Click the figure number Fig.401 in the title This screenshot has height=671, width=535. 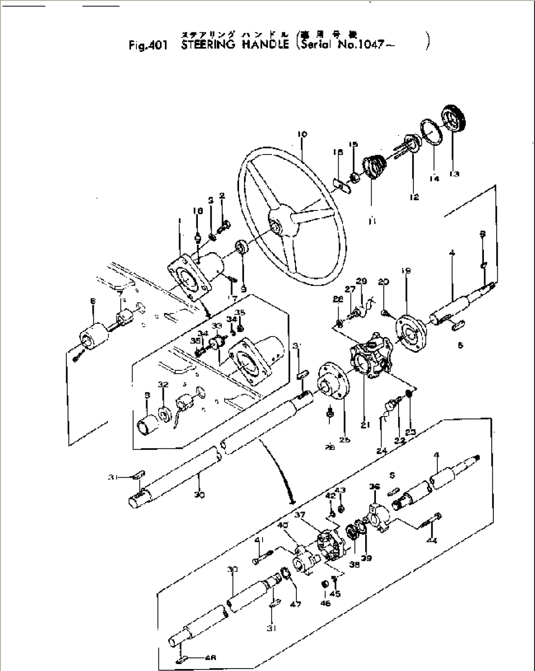(x=148, y=46)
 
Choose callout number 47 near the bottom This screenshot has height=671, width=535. (x=295, y=604)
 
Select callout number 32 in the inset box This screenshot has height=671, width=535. (x=163, y=385)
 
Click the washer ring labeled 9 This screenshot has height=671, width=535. (x=242, y=247)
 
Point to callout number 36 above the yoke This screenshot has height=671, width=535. (x=374, y=487)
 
